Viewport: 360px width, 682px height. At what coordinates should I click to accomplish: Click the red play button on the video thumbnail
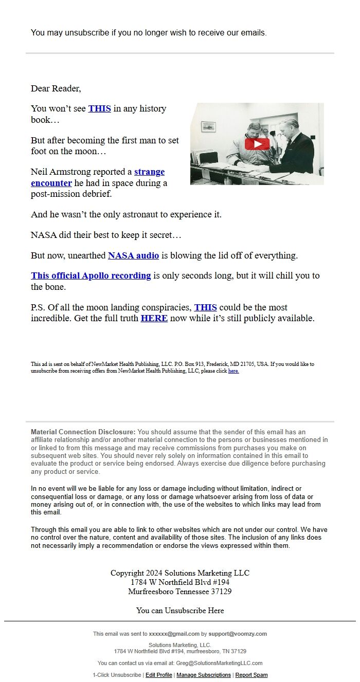(x=257, y=144)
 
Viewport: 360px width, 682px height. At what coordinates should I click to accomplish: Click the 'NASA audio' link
(x=133, y=255)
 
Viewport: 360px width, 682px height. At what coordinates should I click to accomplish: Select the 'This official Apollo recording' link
(x=91, y=275)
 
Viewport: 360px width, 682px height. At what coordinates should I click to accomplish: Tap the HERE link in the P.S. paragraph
(x=154, y=318)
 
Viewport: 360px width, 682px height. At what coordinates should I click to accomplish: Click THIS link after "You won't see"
(x=99, y=108)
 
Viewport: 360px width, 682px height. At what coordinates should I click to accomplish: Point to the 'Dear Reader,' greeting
(x=56, y=88)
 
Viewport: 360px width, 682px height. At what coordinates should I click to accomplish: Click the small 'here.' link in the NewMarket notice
(x=233, y=371)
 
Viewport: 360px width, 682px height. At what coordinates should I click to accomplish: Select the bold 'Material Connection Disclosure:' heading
(x=83, y=432)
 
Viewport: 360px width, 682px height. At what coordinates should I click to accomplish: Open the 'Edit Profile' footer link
(x=159, y=675)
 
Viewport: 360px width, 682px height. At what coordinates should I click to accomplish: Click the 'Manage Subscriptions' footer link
(x=204, y=675)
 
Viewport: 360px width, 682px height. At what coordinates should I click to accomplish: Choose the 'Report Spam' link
(x=251, y=675)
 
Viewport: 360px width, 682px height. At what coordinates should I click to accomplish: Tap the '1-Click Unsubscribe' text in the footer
(x=117, y=675)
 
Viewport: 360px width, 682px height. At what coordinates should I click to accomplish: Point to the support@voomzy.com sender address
(x=238, y=634)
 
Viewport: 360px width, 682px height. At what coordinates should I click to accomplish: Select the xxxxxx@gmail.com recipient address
(x=174, y=634)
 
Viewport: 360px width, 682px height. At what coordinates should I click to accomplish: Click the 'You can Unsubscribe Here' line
(x=180, y=611)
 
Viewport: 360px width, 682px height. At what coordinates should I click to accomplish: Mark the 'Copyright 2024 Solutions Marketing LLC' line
(x=180, y=573)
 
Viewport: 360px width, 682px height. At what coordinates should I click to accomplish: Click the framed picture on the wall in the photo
(x=208, y=126)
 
